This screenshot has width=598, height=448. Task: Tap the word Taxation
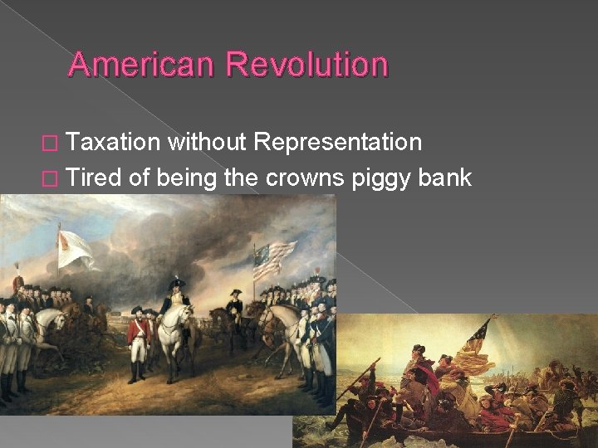(113, 143)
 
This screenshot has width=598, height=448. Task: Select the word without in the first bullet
(207, 143)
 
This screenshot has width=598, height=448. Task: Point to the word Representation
(338, 143)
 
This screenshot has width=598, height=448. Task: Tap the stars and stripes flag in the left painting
(275, 260)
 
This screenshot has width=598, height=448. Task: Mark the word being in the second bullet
(184, 178)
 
